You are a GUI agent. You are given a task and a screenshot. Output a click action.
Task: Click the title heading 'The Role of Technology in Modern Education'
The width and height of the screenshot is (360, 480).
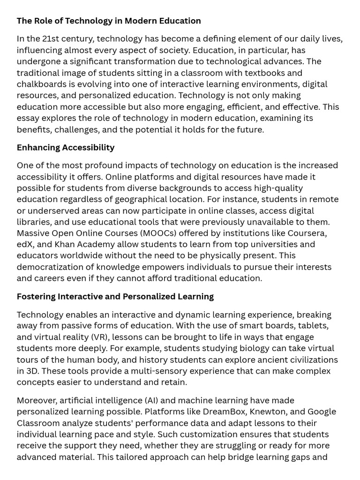coord(109,21)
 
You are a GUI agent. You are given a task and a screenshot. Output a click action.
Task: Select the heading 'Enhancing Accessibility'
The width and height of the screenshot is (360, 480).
coord(66,148)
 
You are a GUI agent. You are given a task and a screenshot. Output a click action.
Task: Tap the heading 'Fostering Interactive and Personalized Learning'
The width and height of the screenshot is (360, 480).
coord(115,297)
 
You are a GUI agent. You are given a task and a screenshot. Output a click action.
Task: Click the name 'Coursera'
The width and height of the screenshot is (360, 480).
coord(307,233)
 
